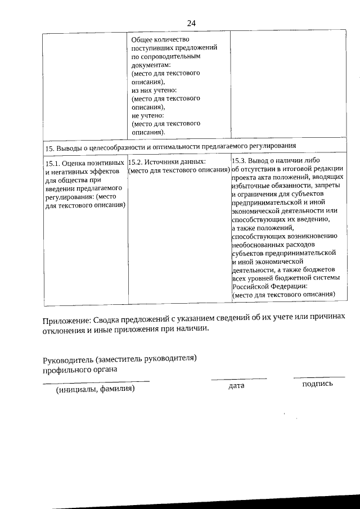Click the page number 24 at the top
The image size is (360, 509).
click(x=191, y=23)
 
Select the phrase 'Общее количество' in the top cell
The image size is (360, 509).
click(x=160, y=40)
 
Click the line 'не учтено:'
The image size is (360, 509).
click(x=147, y=115)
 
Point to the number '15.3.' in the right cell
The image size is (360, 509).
click(x=240, y=160)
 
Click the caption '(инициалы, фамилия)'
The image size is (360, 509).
click(x=94, y=389)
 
